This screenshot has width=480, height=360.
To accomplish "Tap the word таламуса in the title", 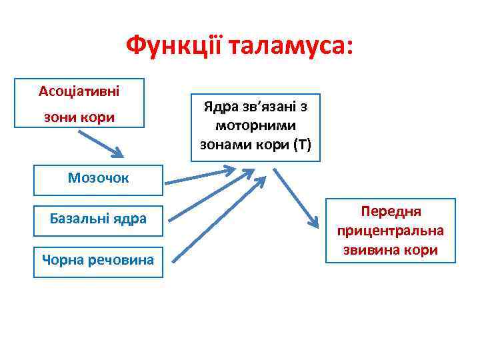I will [290, 46].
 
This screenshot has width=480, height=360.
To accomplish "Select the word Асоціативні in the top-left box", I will [79, 89].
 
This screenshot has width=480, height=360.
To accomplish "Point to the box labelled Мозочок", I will [99, 178].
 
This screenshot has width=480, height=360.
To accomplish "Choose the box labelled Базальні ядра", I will [99, 218].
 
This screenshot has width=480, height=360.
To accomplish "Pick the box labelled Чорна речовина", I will [99, 259].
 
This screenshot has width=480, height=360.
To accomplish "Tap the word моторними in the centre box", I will [256, 125].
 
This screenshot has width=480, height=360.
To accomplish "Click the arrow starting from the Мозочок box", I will [200, 177].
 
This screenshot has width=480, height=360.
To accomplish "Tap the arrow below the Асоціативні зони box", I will [100, 143].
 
